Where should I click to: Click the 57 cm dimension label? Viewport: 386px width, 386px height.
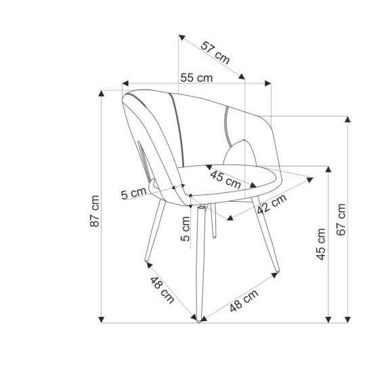point(215,53)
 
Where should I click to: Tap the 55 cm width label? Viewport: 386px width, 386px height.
point(196,78)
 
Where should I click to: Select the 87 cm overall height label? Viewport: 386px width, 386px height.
point(95,211)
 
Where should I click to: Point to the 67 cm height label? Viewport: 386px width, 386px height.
point(341,219)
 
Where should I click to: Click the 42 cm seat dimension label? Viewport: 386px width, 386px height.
point(272,204)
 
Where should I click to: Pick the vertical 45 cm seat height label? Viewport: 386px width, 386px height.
point(321,244)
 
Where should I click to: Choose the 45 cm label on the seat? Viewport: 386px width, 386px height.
point(226,179)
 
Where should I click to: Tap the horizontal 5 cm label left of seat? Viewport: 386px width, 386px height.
point(133,193)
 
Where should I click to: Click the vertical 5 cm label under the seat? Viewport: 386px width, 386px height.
point(186,229)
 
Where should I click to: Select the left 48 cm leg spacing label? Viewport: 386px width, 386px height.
point(163,290)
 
